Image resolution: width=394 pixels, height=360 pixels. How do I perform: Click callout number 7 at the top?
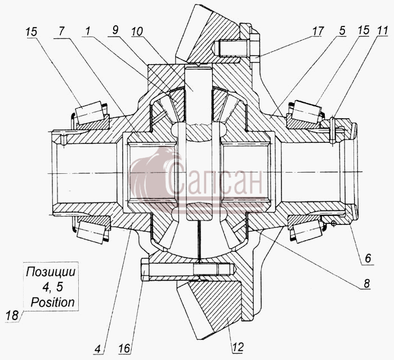[x=62, y=31]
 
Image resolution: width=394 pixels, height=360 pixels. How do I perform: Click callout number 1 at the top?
[x=87, y=31]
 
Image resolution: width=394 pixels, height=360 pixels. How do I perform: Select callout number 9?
[x=115, y=30]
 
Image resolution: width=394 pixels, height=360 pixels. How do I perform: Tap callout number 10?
[x=137, y=31]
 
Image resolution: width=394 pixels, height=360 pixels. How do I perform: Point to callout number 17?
[x=317, y=31]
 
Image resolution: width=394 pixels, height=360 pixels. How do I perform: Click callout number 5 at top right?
[x=342, y=30]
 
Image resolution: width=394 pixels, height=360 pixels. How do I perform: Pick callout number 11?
[x=382, y=30]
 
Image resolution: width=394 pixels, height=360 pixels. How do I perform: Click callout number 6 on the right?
[x=368, y=258]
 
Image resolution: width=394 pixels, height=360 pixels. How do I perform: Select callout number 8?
[x=366, y=283]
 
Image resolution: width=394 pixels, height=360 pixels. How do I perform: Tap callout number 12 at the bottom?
[x=238, y=348]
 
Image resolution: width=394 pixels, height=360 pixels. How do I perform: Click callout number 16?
[x=125, y=348]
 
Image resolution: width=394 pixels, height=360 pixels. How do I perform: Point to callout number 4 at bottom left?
[x=98, y=348]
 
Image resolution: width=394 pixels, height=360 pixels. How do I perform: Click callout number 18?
[x=12, y=316]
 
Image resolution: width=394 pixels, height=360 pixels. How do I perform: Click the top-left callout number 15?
[x=32, y=32]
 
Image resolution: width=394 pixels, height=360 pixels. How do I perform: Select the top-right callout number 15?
[x=364, y=30]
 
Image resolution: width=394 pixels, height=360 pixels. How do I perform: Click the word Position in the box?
[x=53, y=302]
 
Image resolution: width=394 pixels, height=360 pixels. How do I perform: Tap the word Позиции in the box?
[x=51, y=272]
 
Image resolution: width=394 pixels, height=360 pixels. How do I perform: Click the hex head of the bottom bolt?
[x=145, y=269]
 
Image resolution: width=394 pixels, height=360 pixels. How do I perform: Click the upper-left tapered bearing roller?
[x=89, y=113]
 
